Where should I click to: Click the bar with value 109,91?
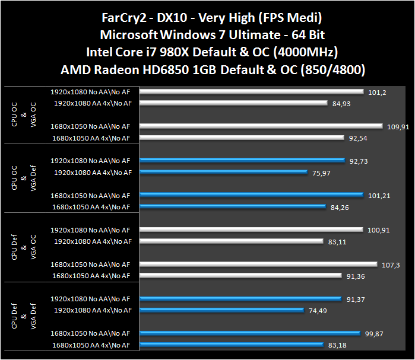click(x=261, y=126)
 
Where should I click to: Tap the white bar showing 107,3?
click(x=258, y=264)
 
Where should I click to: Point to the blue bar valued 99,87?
click(x=250, y=333)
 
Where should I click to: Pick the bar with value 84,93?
click(x=234, y=103)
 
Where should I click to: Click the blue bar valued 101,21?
click(x=251, y=195)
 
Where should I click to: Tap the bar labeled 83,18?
click(x=232, y=345)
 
